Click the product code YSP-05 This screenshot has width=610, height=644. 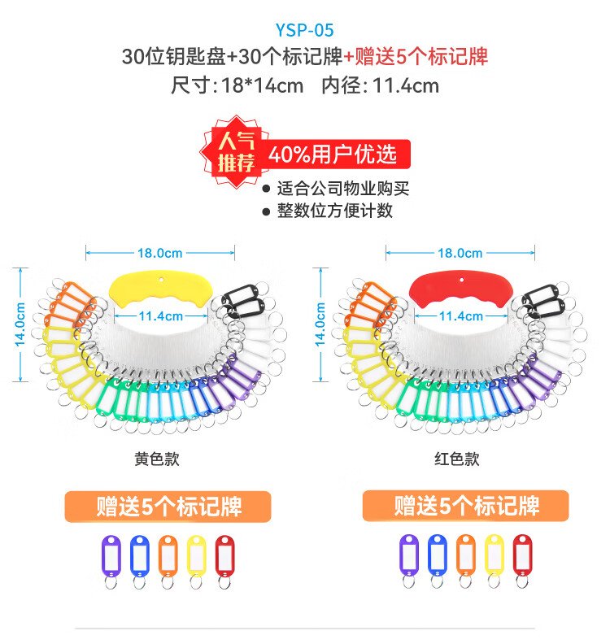(x=304, y=33)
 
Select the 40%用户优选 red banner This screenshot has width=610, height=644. (x=333, y=153)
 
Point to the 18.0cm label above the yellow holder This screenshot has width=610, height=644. (x=159, y=253)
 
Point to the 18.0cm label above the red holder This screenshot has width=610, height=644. (x=460, y=253)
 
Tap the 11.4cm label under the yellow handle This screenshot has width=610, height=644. (x=160, y=315)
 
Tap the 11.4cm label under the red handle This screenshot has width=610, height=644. (x=460, y=315)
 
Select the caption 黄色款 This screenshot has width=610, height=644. (x=156, y=459)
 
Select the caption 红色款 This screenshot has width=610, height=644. (x=456, y=459)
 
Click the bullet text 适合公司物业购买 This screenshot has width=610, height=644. (x=342, y=189)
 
